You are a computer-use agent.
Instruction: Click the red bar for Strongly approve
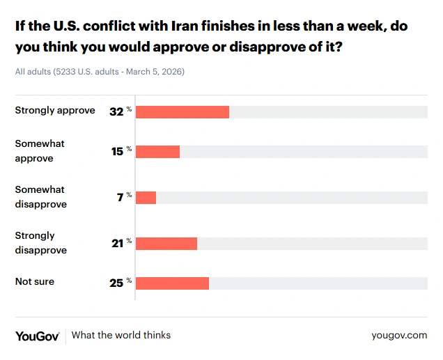[x=182, y=112]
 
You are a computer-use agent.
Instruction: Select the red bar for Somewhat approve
[x=157, y=151]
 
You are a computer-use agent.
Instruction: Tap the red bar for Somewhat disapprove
[x=146, y=197]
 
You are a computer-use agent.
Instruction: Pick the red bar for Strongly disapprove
[x=166, y=243]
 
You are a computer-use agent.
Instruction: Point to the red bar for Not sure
[x=172, y=283]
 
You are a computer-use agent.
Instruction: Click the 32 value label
[x=116, y=111]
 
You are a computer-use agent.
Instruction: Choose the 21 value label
[x=117, y=243]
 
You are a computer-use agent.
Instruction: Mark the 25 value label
[x=116, y=283]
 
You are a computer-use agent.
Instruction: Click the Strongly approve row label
[x=55, y=110]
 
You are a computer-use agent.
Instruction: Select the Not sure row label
[x=35, y=281]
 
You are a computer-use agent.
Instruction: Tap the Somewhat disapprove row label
[x=41, y=197]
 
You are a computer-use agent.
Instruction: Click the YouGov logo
[x=38, y=335]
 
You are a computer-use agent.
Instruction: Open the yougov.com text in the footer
[x=399, y=335]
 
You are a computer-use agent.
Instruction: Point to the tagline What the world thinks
[x=121, y=335]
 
